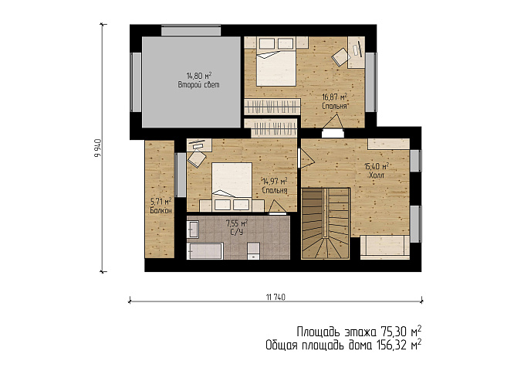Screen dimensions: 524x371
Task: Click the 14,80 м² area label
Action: tap(199, 75)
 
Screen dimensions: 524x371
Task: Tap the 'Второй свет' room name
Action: tap(199, 85)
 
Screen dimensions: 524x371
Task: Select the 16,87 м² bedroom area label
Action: tap(334, 97)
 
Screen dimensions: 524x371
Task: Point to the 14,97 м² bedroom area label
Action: tap(275, 182)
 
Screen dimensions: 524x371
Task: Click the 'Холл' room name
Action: tap(377, 175)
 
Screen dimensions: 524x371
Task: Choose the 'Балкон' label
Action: tap(161, 210)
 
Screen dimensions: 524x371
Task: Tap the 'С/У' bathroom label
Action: tap(237, 232)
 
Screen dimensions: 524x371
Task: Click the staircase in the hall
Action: tap(326, 223)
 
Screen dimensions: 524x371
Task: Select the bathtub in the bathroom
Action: tap(205, 251)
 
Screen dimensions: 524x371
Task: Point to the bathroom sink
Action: tap(193, 230)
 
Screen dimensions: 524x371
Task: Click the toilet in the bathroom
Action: tap(253, 251)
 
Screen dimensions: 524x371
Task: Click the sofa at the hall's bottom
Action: tap(385, 247)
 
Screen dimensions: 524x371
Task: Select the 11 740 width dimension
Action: tap(276, 297)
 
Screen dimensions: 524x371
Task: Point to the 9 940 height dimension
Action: tap(97, 148)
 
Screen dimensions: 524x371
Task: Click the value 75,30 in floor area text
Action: tap(394, 332)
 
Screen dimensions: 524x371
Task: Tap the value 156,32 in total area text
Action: tap(392, 345)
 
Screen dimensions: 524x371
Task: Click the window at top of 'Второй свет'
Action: tap(191, 30)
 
